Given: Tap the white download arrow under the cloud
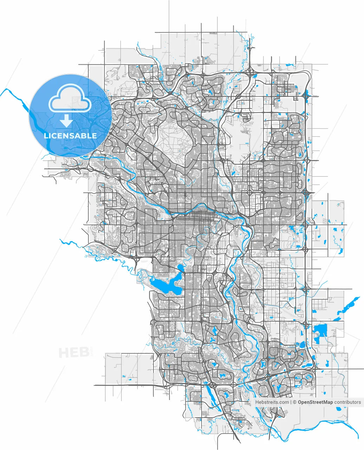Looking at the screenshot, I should coord(66,122).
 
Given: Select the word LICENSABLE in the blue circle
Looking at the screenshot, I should coord(70,136).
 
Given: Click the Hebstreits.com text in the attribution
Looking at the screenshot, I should coord(272,402).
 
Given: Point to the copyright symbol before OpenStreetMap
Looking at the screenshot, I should coord(295,402).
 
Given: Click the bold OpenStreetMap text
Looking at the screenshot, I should coord(315,402).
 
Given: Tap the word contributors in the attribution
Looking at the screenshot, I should coord(347,402).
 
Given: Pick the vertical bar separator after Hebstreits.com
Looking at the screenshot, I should coord(291,402).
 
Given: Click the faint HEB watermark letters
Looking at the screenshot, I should coord(74,352).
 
